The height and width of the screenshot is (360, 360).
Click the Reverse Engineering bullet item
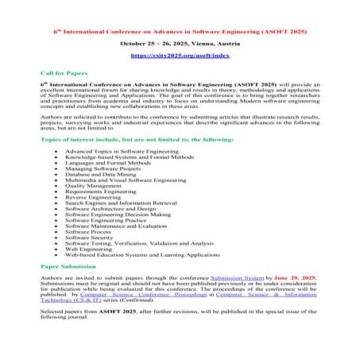pyautogui.click(x=95, y=195)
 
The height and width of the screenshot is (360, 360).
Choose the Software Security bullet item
pyautogui.click(x=91, y=237)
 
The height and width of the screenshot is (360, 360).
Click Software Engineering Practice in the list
pyautogui.click(x=108, y=219)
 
